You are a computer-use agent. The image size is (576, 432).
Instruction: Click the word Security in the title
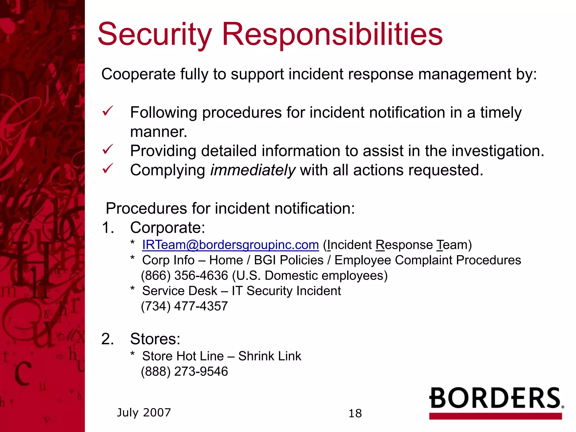[154, 35]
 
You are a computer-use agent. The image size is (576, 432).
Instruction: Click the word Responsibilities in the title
[332, 35]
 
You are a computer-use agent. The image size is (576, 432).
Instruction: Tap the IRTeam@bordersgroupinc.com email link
[230, 245]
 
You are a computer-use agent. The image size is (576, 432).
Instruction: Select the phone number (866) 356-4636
[184, 276]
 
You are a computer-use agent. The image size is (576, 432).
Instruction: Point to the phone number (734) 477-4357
[184, 306]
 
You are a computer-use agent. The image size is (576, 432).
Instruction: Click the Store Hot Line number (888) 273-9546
[184, 372]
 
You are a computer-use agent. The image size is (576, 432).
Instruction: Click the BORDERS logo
[496, 402]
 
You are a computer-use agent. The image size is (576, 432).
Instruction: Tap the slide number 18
[355, 413]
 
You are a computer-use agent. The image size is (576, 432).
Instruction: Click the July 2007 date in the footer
[144, 413]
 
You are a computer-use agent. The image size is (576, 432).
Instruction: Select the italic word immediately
[253, 170]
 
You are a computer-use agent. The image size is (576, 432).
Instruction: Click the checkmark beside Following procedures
[107, 111]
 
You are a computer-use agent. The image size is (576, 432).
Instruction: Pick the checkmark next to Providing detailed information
[107, 149]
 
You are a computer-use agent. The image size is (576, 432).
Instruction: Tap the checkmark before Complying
[107, 168]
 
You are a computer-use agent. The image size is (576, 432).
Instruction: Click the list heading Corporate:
[168, 228]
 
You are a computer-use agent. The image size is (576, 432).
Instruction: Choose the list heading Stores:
[155, 339]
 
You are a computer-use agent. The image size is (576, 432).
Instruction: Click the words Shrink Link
[269, 356]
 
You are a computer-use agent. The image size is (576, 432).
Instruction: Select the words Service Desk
[179, 291]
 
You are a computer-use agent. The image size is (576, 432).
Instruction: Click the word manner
[158, 132]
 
